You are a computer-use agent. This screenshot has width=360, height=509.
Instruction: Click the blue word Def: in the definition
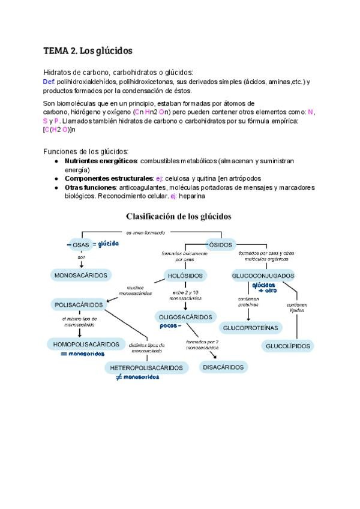tap(49, 81)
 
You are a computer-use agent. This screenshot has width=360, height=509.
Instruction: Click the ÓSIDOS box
tap(220, 244)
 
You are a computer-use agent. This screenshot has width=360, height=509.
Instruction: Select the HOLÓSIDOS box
tap(186, 276)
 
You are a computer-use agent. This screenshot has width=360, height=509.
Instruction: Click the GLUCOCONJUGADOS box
tap(263, 276)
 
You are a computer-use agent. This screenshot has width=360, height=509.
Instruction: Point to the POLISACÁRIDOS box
tap(79, 304)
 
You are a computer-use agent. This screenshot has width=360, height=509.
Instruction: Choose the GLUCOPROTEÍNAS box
tap(251, 328)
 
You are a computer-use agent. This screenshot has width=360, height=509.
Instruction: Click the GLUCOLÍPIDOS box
tap(287, 346)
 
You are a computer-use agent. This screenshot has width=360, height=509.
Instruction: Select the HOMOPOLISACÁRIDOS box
tap(83, 345)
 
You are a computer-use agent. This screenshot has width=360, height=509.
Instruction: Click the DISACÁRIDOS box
tap(223, 367)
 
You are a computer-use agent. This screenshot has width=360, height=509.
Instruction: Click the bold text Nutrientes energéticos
tap(101, 161)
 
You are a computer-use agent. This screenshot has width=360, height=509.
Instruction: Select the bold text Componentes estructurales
tap(109, 178)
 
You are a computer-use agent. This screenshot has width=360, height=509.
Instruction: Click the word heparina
tap(192, 196)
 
